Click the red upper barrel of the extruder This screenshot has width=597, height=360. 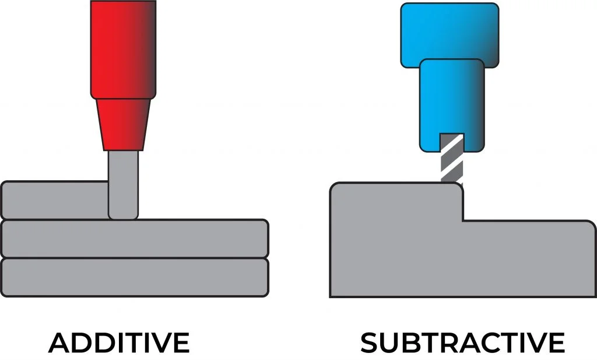click(123, 49)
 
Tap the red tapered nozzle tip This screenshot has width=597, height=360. click(123, 124)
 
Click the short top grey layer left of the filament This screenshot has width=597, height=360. click(55, 200)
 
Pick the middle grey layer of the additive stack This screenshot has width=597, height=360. click(134, 239)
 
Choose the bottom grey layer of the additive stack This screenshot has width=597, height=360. click(134, 277)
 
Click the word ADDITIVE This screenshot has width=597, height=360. click(119, 342)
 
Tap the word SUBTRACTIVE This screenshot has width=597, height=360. click(462, 342)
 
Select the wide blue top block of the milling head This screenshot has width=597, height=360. click(449, 34)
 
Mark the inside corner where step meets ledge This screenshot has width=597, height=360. click(463, 221)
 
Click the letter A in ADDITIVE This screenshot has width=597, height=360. click(59, 342)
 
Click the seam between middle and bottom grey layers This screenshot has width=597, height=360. click(134, 258)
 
